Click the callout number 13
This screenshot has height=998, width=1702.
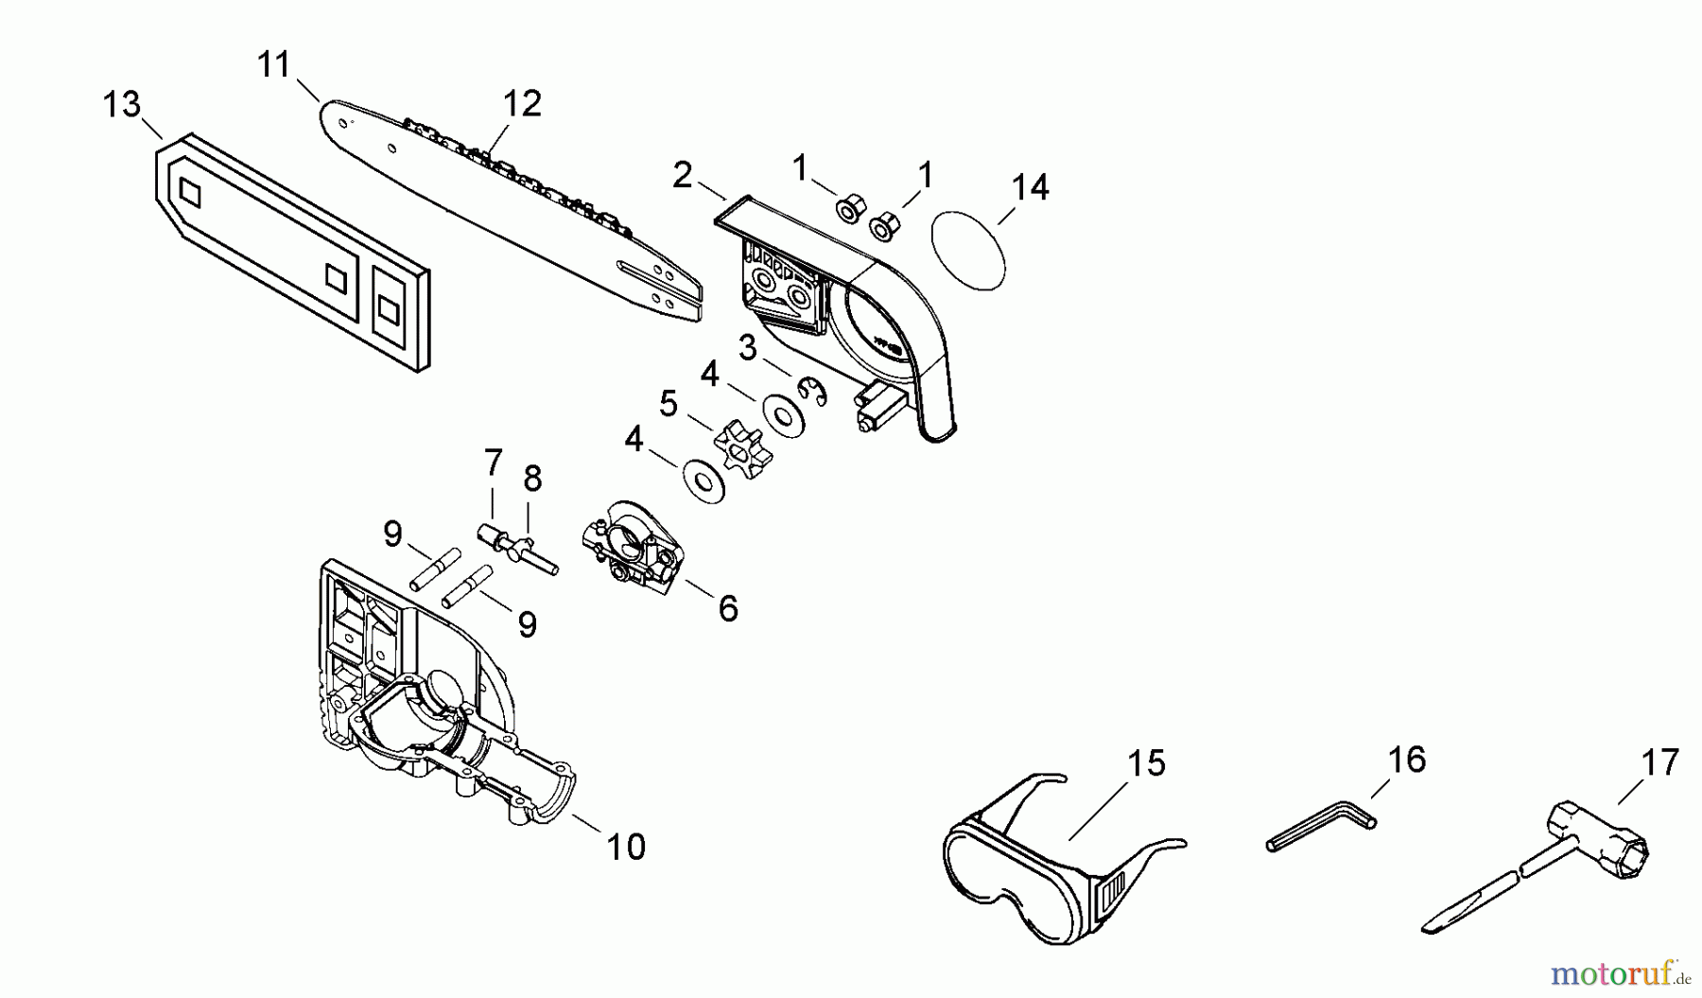(x=122, y=105)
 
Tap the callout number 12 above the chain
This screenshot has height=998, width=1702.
(x=522, y=103)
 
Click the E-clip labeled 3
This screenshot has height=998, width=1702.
(x=811, y=391)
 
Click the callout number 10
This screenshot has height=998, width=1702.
(x=626, y=846)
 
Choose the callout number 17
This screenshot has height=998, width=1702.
(x=1660, y=762)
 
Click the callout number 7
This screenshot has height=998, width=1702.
(x=493, y=463)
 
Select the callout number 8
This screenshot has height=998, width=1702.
(x=532, y=479)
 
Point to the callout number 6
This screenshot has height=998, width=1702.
(x=727, y=608)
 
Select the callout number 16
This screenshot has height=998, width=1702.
(x=1406, y=760)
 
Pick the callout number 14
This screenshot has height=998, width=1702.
(x=1031, y=187)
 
